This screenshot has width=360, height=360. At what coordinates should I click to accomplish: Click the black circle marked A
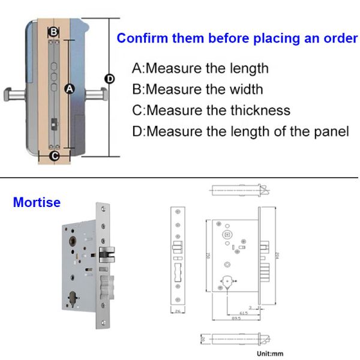(x=69, y=89)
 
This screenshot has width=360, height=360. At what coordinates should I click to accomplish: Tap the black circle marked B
(x=53, y=31)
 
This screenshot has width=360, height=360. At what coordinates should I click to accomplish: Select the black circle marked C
(x=54, y=157)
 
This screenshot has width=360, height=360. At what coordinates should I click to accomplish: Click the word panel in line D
(x=330, y=131)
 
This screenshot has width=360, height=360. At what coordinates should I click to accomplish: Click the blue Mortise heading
(x=37, y=202)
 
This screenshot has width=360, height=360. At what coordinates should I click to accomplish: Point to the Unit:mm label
(x=270, y=353)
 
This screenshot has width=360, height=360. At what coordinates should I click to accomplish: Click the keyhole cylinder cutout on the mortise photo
(x=73, y=298)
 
